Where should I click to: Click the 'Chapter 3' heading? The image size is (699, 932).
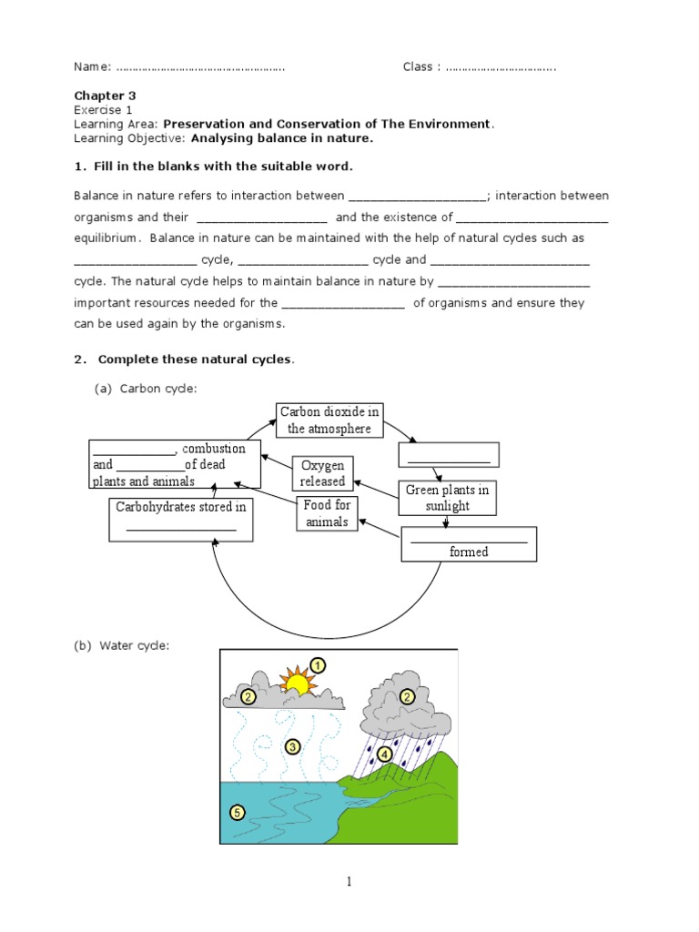[105, 95]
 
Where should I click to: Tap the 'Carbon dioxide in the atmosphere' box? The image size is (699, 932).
[329, 420]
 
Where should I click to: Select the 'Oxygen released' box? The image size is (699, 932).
[323, 473]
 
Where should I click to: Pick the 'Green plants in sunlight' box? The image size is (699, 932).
[447, 497]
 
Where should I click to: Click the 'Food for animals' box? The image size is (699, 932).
[327, 513]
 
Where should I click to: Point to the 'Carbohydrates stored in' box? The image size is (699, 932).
[181, 517]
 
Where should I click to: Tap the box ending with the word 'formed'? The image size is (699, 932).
[469, 544]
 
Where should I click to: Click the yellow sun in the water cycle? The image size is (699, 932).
[296, 682]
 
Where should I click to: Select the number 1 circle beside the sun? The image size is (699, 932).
[318, 666]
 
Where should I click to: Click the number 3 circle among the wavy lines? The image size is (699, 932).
[292, 747]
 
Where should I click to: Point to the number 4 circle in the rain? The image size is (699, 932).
[385, 754]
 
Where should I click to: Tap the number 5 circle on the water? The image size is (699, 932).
[237, 812]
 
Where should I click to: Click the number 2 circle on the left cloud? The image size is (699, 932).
[248, 697]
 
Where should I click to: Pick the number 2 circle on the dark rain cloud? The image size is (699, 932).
[408, 696]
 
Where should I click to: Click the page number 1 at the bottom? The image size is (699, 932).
[349, 881]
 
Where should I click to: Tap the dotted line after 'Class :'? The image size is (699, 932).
[501, 67]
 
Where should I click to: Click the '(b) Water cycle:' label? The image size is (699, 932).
[122, 646]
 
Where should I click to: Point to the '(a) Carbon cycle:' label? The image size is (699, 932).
[146, 389]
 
